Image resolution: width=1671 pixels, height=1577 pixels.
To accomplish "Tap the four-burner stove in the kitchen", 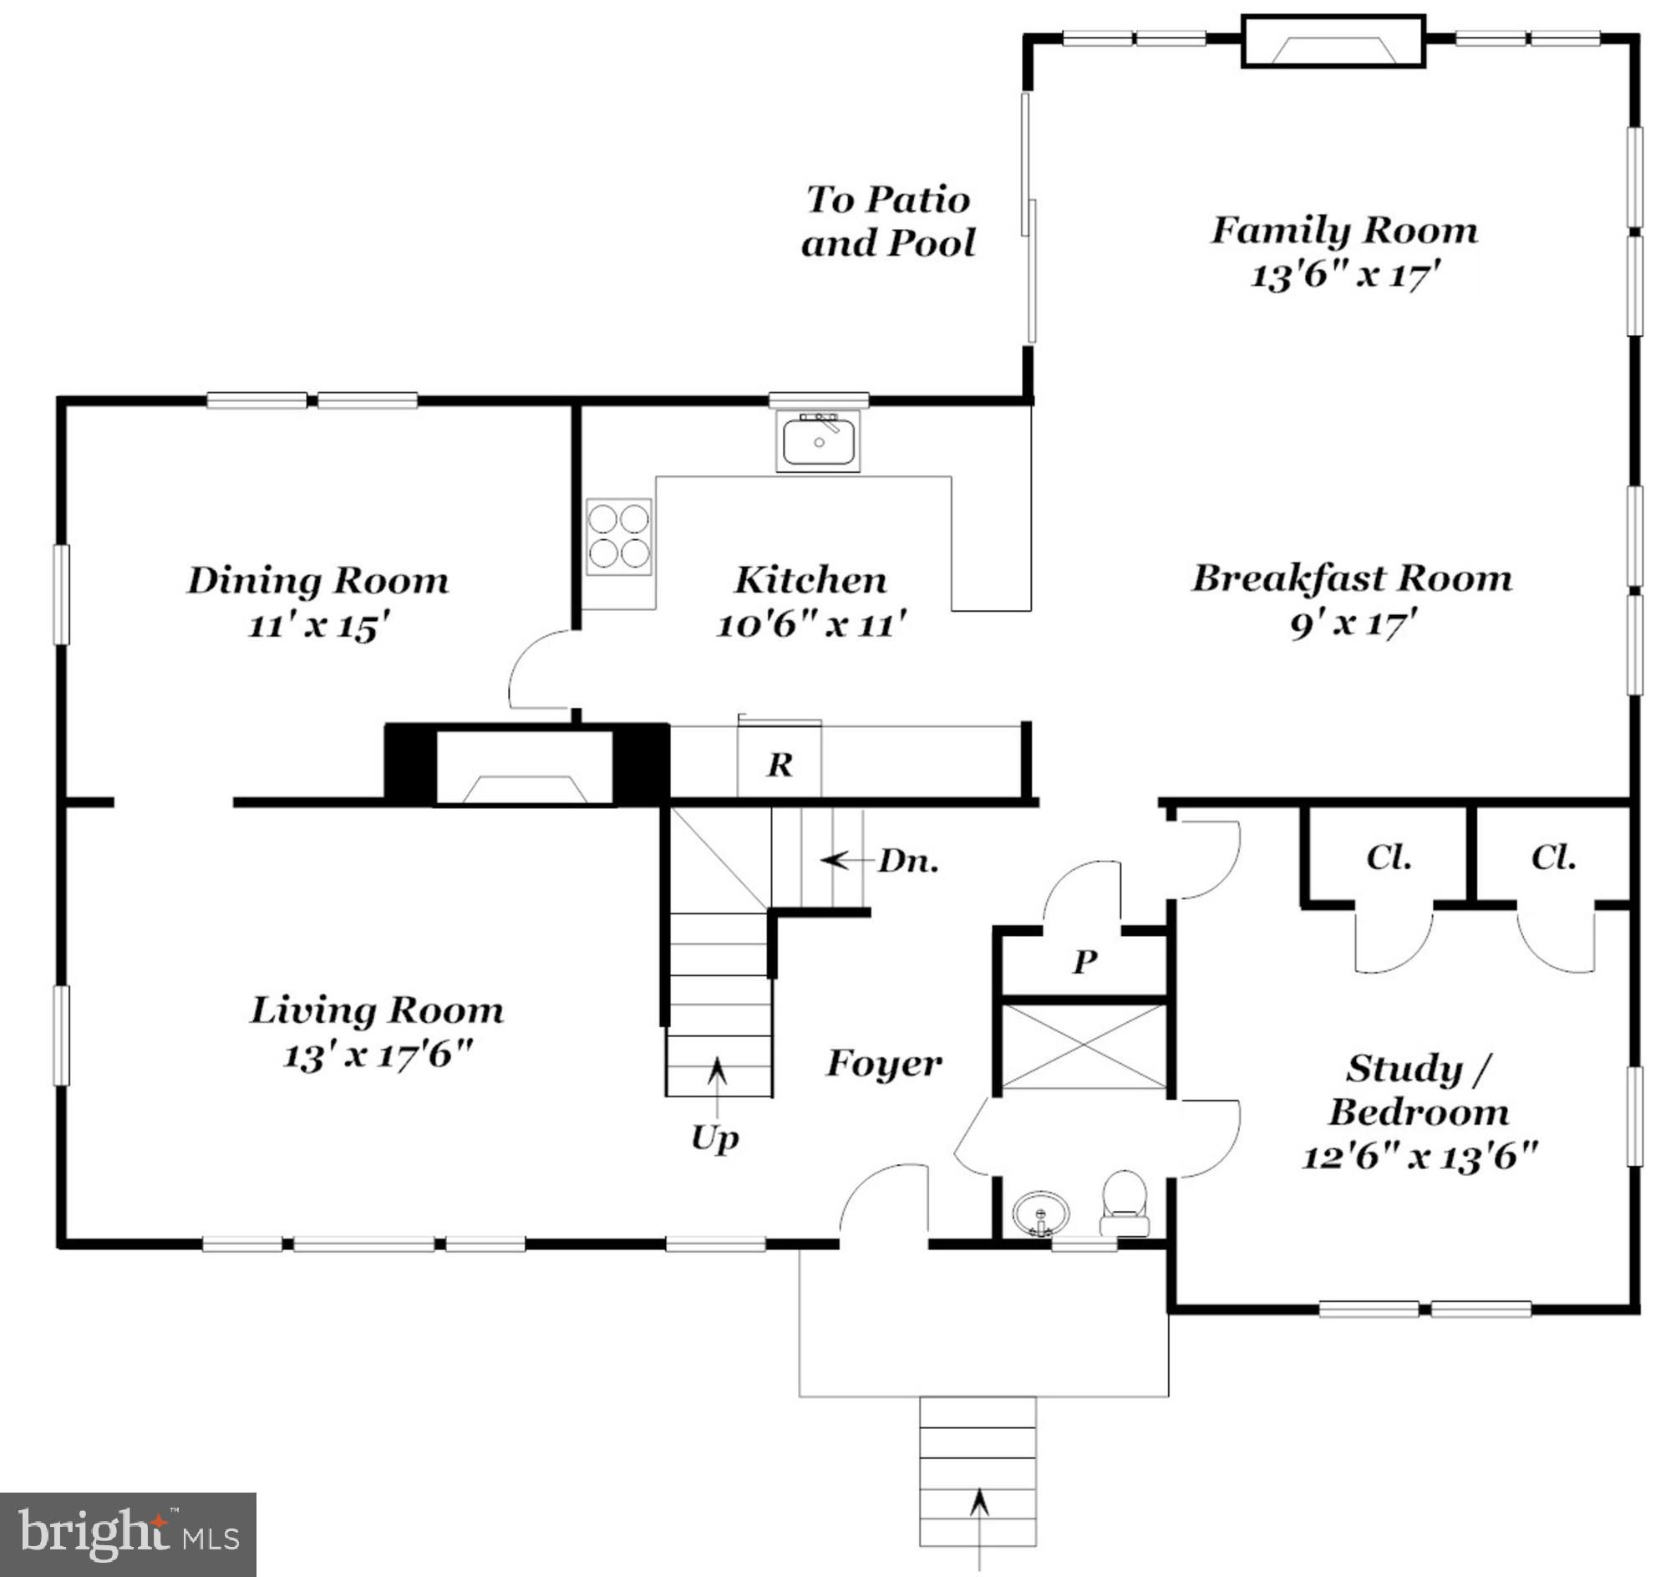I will (x=618, y=537).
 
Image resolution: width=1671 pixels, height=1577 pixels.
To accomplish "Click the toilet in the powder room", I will (x=1125, y=1203).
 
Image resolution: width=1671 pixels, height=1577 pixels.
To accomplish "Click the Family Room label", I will (x=1343, y=231).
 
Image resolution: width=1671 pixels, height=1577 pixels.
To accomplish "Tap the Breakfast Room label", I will (x=1352, y=578).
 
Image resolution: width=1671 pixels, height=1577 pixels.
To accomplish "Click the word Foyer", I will (x=883, y=1063).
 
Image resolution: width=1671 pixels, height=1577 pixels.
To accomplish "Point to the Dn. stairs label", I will (x=908, y=861).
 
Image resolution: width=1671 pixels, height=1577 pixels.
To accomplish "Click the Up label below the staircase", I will (x=714, y=1139).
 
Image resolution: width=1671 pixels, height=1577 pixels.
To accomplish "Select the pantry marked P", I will (x=1084, y=961).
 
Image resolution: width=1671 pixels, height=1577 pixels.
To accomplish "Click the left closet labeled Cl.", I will (x=1389, y=857).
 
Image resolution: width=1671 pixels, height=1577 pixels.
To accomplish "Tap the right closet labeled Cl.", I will (x=1552, y=857).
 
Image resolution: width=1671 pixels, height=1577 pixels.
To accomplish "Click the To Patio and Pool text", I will (x=887, y=221).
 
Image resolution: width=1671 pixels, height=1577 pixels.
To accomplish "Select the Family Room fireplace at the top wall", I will (x=1334, y=41).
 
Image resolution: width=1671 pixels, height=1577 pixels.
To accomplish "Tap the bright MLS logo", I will (x=128, y=1534).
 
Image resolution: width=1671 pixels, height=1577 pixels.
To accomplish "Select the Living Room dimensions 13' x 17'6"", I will (x=378, y=1056).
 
